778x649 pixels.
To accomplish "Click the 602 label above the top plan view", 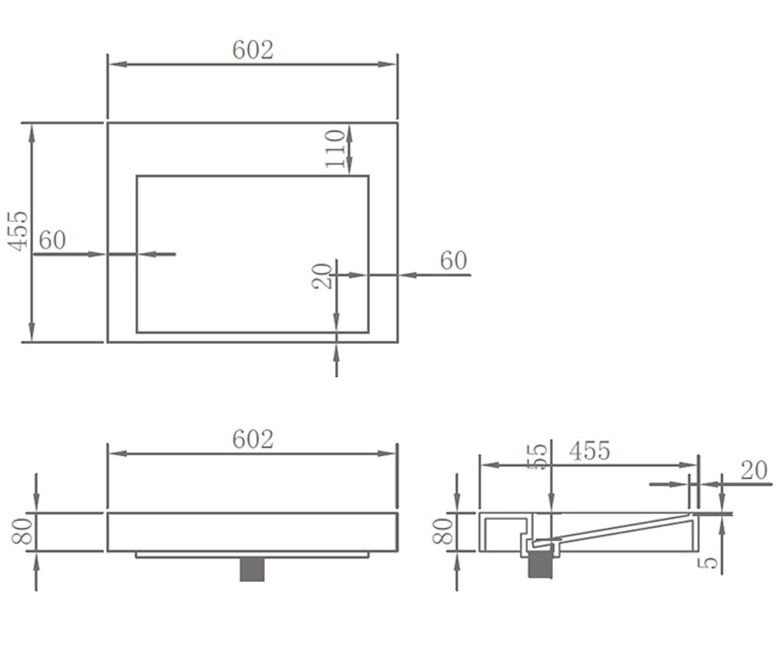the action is (253, 49).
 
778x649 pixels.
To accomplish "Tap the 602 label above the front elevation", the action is (253, 439).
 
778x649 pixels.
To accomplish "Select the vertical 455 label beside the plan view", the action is (18, 231).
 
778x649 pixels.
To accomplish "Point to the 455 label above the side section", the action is (589, 450).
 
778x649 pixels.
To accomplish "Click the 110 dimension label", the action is (335, 149).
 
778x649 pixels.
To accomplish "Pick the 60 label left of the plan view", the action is (52, 240).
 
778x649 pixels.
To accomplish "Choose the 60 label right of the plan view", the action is (453, 260).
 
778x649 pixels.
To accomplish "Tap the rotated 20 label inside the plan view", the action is (322, 276).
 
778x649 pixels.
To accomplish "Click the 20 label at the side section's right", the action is (754, 470).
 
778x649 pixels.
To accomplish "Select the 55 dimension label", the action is (538, 456).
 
